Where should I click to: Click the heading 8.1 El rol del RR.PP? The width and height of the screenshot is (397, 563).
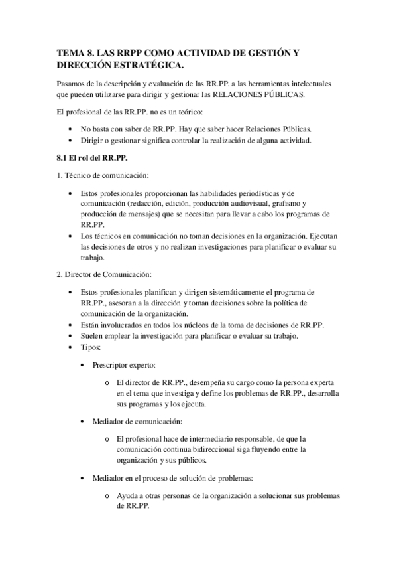click(93, 158)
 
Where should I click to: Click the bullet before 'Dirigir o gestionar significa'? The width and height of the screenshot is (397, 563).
click(71, 140)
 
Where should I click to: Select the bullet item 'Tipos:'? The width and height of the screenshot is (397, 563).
click(90, 347)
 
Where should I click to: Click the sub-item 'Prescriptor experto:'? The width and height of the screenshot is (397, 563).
click(124, 365)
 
